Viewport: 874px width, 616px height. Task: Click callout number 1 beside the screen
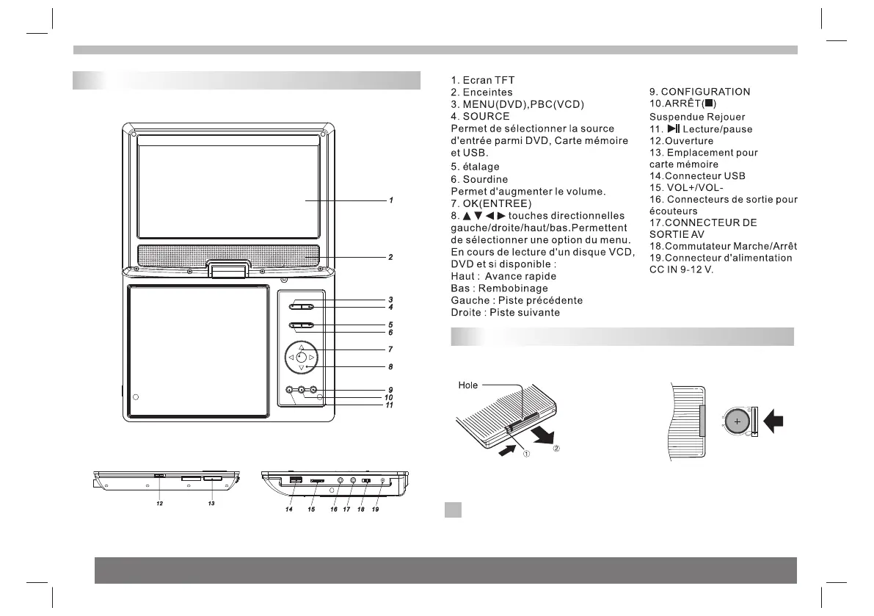392,200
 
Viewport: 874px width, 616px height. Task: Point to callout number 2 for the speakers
392,257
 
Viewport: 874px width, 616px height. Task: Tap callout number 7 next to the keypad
391,349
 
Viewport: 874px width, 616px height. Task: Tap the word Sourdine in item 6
485,179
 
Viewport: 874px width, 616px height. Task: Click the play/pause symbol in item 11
672,128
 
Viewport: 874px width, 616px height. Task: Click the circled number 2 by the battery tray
556,449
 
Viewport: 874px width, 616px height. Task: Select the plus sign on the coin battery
737,423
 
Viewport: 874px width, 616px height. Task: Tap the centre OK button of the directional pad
301,358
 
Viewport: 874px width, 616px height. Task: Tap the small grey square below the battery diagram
453,510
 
